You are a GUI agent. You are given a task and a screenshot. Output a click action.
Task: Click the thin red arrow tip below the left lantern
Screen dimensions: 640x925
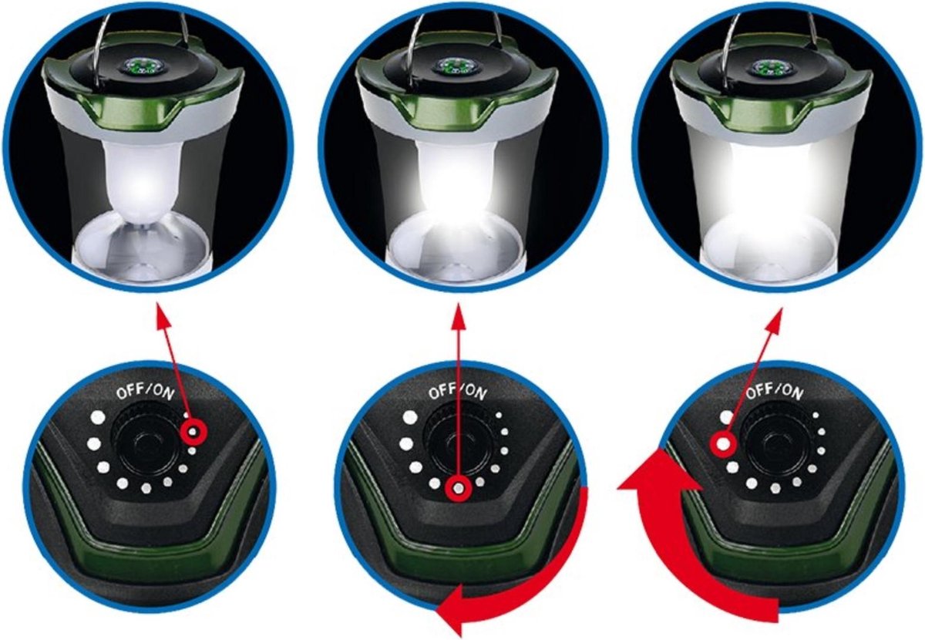(x=160, y=312)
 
